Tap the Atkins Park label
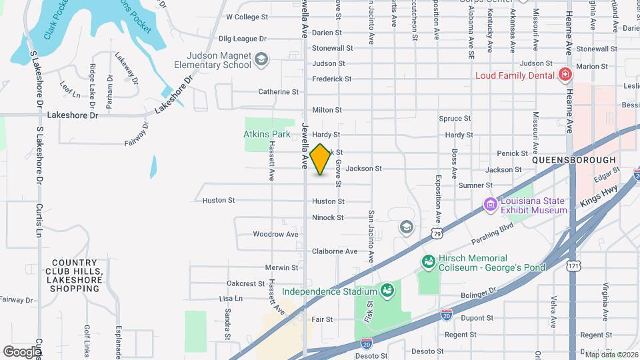click(267, 134)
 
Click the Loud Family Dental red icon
click(565, 75)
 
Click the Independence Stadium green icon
click(387, 291)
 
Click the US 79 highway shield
click(437, 233)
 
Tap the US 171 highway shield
click(573, 266)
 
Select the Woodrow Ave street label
click(275, 234)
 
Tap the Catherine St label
click(278, 91)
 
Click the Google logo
click(21, 351)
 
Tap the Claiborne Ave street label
click(334, 251)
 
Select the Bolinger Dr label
click(479, 293)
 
